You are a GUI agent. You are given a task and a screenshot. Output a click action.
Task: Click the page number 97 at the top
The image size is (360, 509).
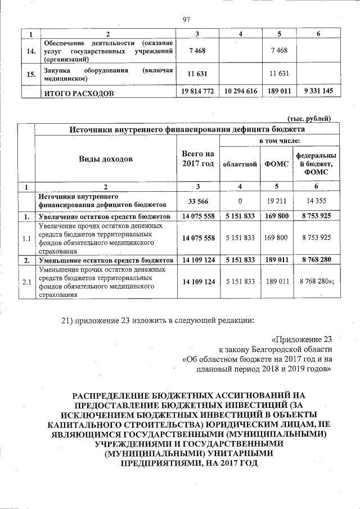coord(187,21)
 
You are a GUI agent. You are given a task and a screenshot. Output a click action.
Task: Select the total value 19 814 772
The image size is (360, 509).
coord(195,91)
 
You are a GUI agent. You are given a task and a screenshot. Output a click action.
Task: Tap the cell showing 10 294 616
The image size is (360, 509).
coord(240,91)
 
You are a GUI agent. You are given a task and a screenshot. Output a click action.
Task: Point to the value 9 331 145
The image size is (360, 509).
coord(318,91)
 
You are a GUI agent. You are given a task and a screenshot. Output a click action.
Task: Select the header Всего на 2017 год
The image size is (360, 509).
coord(195,159)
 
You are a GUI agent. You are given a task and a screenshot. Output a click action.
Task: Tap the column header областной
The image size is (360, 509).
coord(240,164)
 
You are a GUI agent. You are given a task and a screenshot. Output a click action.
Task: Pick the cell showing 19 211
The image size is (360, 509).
coord(276,201)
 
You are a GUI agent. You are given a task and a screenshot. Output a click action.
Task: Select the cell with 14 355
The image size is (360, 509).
coord(317,201)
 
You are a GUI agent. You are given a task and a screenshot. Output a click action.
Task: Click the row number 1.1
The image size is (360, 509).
coord(26,238)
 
